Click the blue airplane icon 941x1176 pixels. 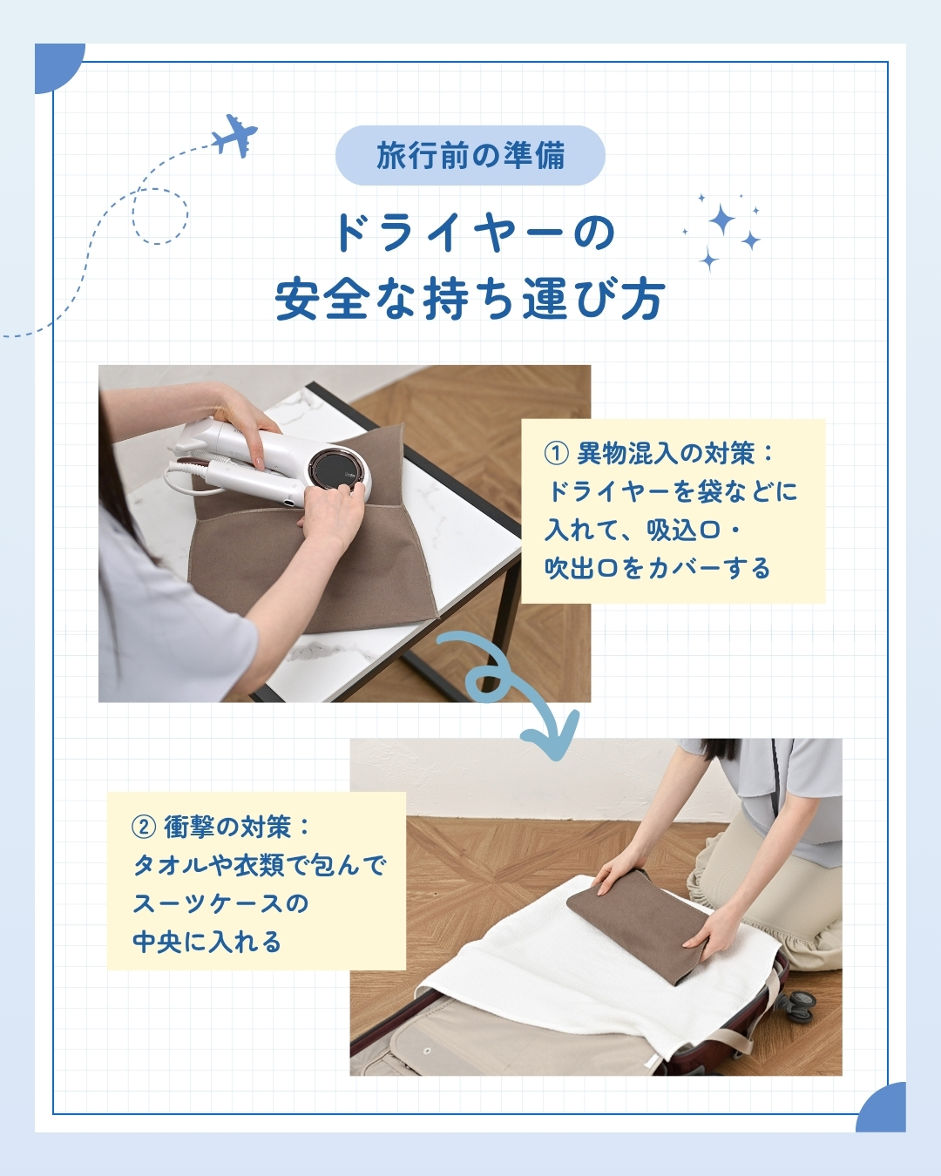(235, 136)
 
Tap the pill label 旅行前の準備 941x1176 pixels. (470, 155)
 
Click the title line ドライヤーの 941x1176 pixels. (473, 233)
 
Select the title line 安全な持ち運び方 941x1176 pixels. (470, 300)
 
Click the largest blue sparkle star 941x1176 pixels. (721, 220)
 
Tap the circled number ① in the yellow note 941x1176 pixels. (556, 454)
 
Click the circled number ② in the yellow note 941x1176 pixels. (143, 828)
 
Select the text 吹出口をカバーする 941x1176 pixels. (657, 568)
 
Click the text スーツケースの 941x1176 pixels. (221, 904)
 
